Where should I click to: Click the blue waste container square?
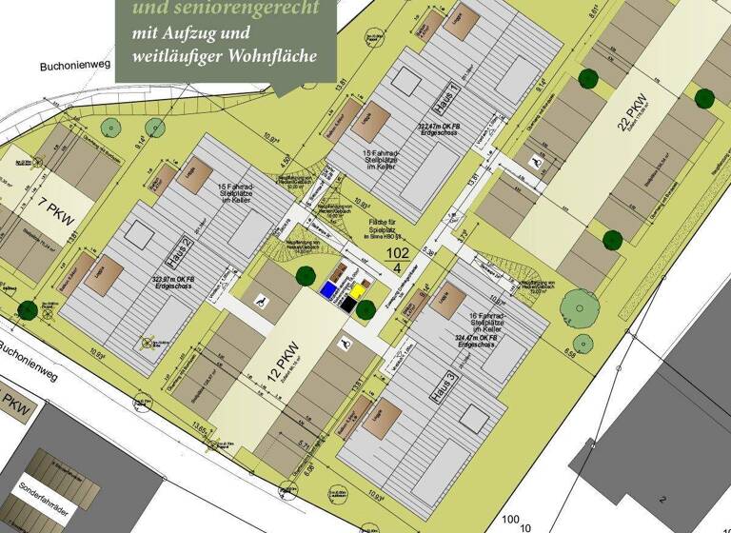pyautogui.click(x=328, y=289)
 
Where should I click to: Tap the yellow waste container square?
pyautogui.click(x=359, y=289)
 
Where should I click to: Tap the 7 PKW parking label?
pyautogui.click(x=57, y=204)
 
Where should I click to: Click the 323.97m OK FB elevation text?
pyautogui.click(x=181, y=279)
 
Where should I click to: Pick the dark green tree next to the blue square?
pyautogui.click(x=306, y=276)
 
